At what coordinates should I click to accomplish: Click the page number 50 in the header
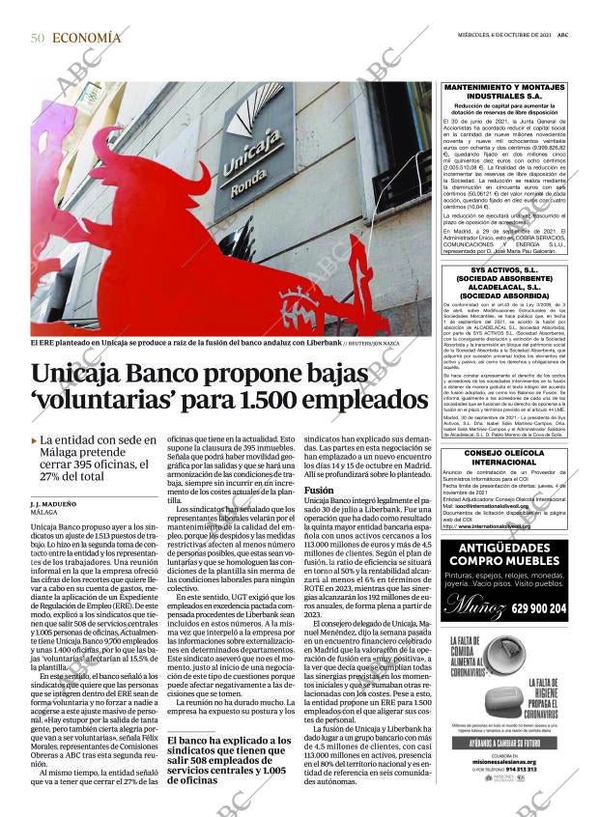point(38,38)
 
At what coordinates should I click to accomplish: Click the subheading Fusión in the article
point(319,490)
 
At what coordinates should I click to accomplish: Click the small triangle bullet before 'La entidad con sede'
point(35,440)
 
